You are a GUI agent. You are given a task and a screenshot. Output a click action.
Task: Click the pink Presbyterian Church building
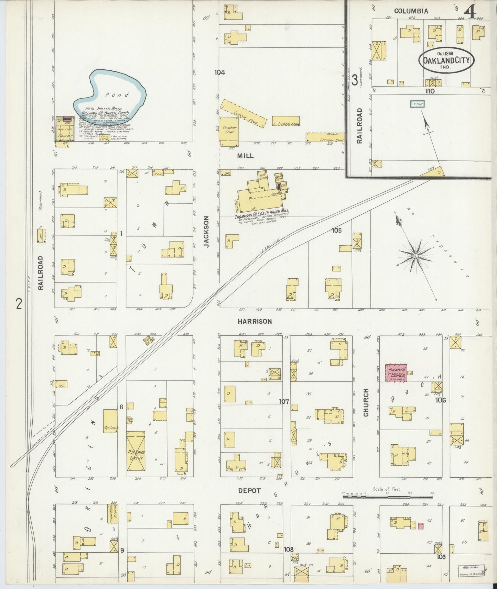(x=396, y=373)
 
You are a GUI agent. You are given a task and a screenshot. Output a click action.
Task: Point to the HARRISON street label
(x=255, y=322)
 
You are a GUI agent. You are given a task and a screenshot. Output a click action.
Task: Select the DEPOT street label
(x=250, y=491)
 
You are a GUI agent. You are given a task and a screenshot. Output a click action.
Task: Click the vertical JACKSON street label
(x=206, y=231)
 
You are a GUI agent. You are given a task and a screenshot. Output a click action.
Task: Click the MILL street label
(x=246, y=156)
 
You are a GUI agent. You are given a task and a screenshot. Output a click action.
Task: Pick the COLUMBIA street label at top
(x=411, y=11)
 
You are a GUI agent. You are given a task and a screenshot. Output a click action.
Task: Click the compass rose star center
(x=415, y=256)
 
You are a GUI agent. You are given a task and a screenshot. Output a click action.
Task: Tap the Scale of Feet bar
(x=387, y=497)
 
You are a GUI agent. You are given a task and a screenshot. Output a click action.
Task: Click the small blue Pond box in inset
(x=418, y=104)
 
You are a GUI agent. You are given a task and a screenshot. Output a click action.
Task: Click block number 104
(x=219, y=73)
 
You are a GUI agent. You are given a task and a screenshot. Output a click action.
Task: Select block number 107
(x=284, y=401)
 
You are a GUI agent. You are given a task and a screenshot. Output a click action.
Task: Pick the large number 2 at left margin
(x=19, y=304)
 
